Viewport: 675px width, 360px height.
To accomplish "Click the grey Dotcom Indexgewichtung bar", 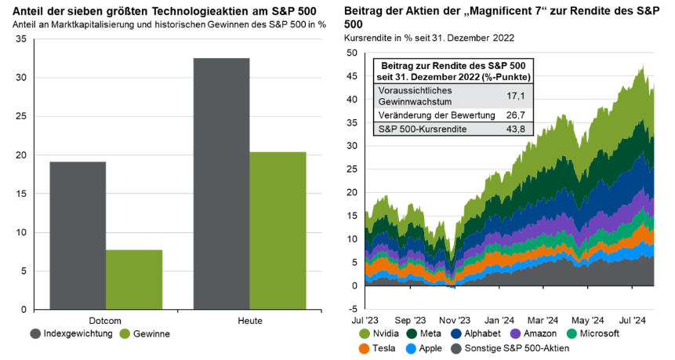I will (x=78, y=235).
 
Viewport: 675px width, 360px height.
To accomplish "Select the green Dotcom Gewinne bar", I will (x=134, y=279).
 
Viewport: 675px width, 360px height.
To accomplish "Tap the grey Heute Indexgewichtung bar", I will (x=221, y=184).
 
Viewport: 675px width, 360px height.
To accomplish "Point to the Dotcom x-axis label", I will (x=106, y=321).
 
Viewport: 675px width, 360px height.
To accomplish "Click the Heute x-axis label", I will (x=249, y=321).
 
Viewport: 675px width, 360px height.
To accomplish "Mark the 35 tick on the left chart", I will (x=20, y=39).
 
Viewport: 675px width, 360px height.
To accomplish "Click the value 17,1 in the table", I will (x=517, y=96).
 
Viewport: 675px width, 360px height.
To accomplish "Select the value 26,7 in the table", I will (x=517, y=115).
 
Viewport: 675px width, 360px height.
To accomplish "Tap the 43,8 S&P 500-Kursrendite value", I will (x=517, y=129).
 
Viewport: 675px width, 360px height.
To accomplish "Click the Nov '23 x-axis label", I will (x=454, y=320).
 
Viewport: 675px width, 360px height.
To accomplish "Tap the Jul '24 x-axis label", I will (x=633, y=320).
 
